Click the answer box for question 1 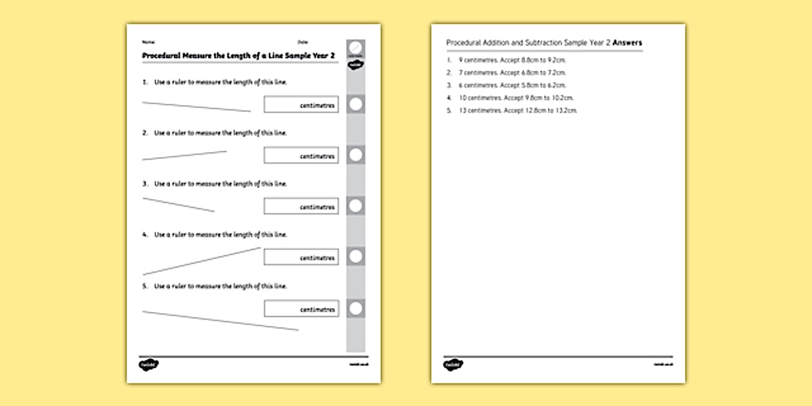click(301, 104)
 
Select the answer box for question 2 click(301, 155)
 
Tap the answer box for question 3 click(301, 206)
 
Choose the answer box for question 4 click(301, 257)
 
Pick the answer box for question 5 click(301, 309)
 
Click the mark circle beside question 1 click(356, 104)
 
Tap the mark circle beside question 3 click(356, 206)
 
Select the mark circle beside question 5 click(356, 309)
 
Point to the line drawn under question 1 click(197, 106)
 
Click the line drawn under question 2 click(184, 155)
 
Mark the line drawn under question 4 click(201, 261)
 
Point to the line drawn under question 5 click(220, 321)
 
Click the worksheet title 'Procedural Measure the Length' click(238, 56)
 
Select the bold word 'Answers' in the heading click(627, 43)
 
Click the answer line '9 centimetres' click(512, 60)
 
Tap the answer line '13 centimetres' click(518, 111)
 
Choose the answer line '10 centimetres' click(516, 98)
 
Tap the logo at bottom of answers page click(452, 365)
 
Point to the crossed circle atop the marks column click(356, 48)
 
